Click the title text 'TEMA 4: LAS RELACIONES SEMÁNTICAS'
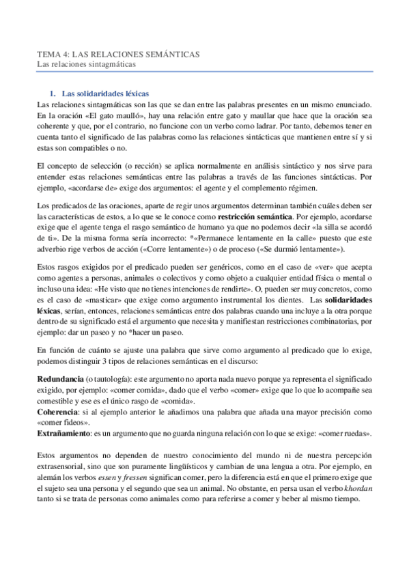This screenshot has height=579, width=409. tap(117, 55)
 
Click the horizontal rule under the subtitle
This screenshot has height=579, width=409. tap(204, 72)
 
